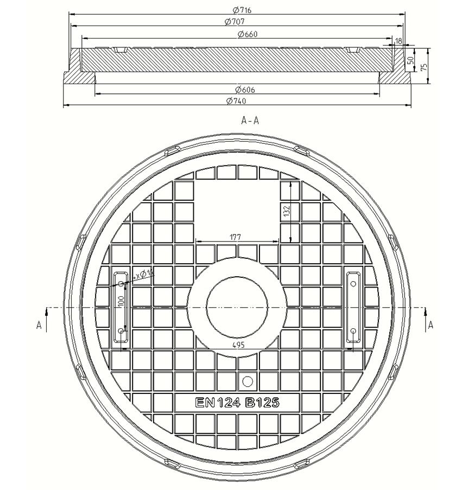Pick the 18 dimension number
[399, 41]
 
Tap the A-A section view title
[250, 120]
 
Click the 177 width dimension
[236, 237]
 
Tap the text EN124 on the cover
[216, 403]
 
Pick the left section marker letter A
[39, 324]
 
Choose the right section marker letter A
[431, 324]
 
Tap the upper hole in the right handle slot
[353, 283]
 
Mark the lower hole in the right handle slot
[353, 330]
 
